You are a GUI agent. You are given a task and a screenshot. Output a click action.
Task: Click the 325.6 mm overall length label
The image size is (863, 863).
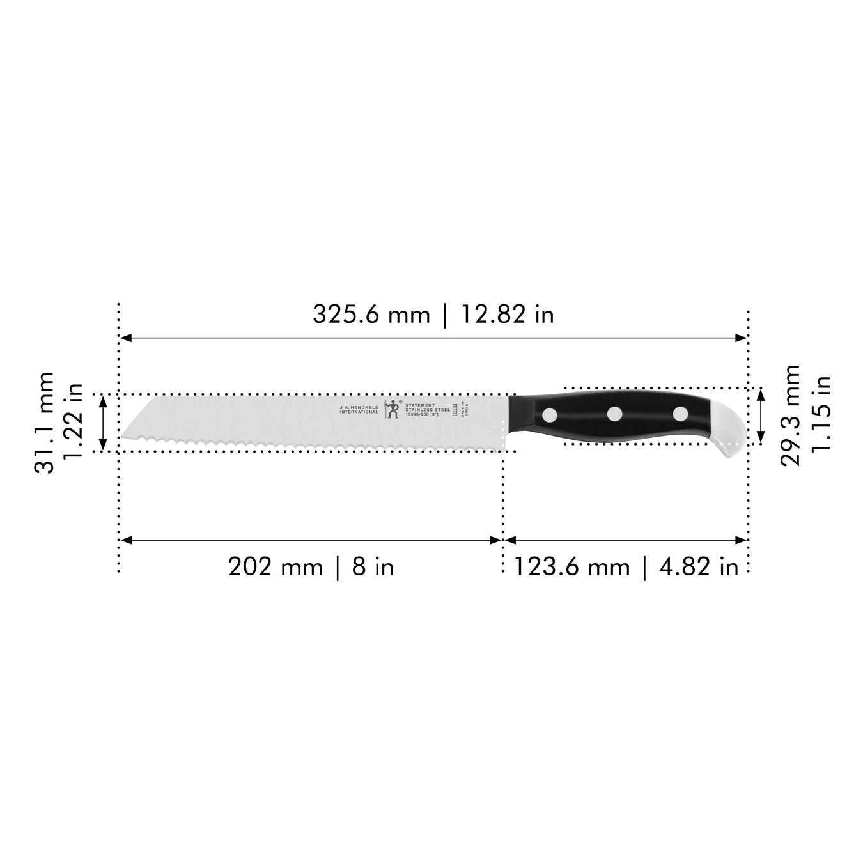(x=371, y=315)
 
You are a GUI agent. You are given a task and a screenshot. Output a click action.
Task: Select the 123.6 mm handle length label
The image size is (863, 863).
(x=572, y=566)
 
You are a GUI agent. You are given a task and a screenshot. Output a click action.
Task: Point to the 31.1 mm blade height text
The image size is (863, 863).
(x=43, y=423)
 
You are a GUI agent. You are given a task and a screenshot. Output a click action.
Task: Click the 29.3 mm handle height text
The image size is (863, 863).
(x=791, y=416)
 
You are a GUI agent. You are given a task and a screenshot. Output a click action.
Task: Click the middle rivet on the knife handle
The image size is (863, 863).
(x=614, y=414)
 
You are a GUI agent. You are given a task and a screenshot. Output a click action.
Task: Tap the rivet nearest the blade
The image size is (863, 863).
(x=549, y=416)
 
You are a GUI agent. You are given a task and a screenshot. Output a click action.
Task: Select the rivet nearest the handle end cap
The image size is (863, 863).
(x=680, y=414)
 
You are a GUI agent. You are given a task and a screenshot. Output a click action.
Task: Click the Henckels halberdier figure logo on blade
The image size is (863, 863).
(x=393, y=410)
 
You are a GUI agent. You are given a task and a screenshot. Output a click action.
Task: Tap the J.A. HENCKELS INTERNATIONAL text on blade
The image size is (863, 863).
(x=359, y=410)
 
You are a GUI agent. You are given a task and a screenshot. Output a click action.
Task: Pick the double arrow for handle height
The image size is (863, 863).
(x=760, y=416)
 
